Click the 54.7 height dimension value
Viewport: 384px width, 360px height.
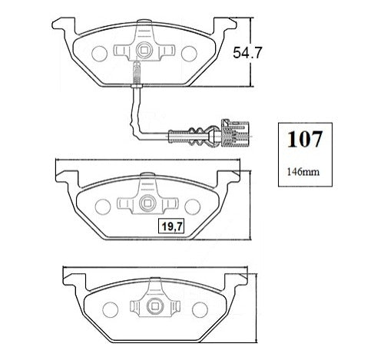click(x=247, y=53)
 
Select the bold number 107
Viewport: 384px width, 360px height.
click(x=304, y=139)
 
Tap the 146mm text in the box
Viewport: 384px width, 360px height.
click(x=303, y=172)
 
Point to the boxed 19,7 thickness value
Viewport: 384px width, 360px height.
click(x=171, y=226)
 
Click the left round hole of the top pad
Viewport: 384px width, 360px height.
click(x=99, y=54)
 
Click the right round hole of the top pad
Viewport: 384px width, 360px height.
click(x=189, y=54)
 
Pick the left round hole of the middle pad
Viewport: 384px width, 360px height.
click(x=103, y=206)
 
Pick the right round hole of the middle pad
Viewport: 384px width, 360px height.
click(x=192, y=206)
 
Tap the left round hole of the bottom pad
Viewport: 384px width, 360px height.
click(x=110, y=310)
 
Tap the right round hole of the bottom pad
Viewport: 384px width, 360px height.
click(x=200, y=310)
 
